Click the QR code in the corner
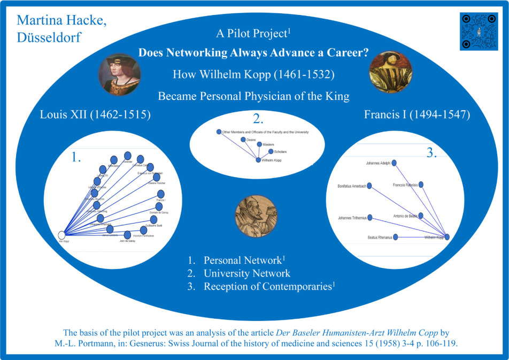click(x=479, y=32)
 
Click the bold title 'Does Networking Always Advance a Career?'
click(x=254, y=53)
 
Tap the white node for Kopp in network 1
click(x=61, y=235)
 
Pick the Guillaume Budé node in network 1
click(x=153, y=220)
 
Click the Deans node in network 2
click(x=243, y=140)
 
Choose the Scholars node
click(x=271, y=152)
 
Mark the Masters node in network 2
click(x=259, y=144)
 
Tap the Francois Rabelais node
click(x=421, y=185)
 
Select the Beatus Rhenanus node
click(x=396, y=236)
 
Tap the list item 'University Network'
click(x=246, y=273)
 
